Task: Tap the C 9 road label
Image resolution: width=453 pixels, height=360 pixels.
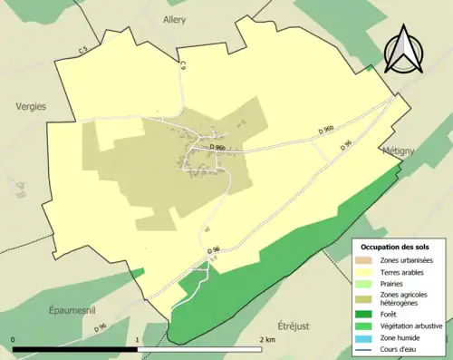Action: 181,65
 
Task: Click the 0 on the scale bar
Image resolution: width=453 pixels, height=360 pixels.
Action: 14,340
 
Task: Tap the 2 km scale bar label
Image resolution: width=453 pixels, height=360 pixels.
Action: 267,340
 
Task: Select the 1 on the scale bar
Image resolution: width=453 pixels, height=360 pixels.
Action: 138,340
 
